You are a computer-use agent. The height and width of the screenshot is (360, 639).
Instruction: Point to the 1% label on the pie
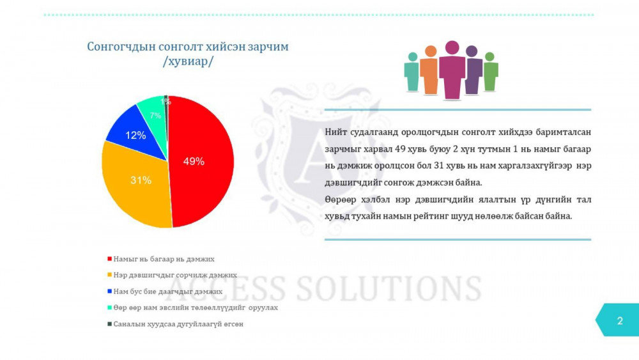click(x=166, y=102)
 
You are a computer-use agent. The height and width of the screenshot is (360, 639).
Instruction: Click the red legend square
click(x=109, y=259)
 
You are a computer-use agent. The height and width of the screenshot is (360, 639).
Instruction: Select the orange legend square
click(x=109, y=275)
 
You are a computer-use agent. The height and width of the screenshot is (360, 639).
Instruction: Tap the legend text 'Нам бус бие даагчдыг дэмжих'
click(x=168, y=292)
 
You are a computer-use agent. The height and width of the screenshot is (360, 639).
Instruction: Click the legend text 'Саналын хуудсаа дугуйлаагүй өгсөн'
click(x=178, y=324)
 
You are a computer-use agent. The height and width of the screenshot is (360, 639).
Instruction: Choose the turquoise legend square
click(x=109, y=308)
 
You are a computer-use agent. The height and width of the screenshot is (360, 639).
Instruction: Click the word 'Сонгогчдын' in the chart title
click(x=121, y=47)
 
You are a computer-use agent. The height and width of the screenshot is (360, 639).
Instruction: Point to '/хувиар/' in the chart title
click(x=188, y=61)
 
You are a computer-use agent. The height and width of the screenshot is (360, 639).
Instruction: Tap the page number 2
click(x=620, y=321)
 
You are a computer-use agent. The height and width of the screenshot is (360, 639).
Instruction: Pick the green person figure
click(x=490, y=72)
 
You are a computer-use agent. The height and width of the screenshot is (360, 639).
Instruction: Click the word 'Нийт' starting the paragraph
click(x=335, y=132)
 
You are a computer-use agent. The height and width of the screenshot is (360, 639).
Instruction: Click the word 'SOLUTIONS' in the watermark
click(x=389, y=288)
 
